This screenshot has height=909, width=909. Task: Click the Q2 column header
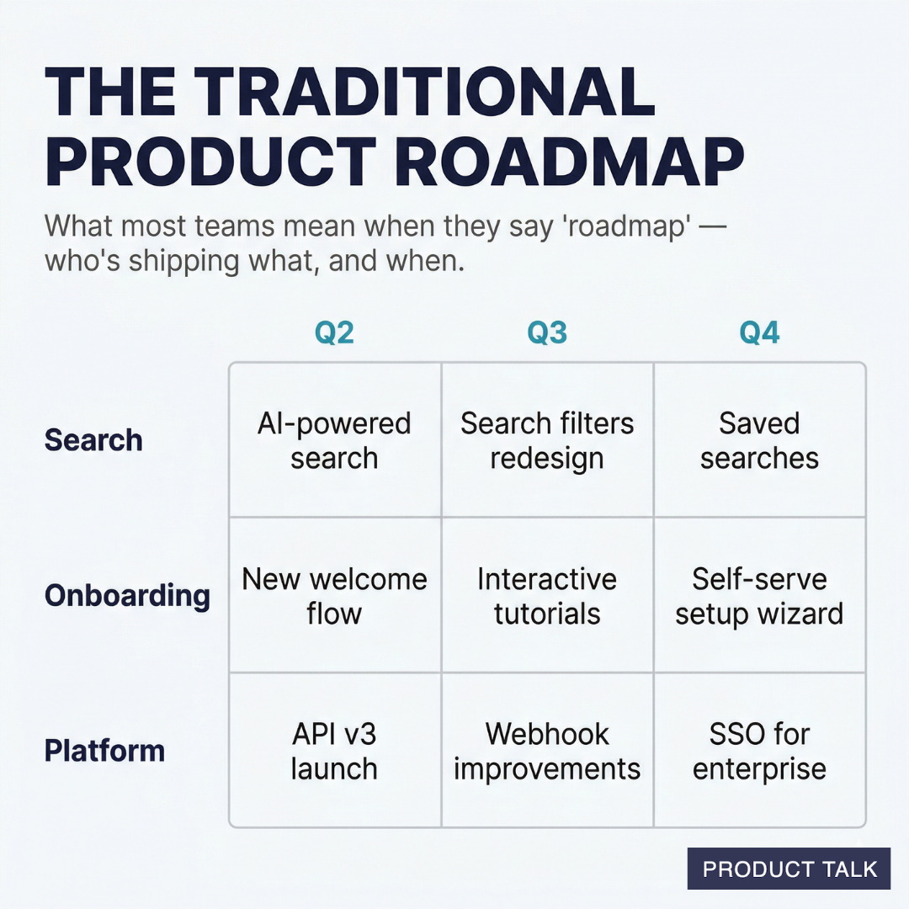click(334, 333)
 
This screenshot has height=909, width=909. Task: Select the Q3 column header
click(547, 333)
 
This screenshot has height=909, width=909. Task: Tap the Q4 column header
click(759, 333)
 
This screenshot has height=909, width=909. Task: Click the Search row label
click(93, 439)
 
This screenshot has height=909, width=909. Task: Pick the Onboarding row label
click(127, 595)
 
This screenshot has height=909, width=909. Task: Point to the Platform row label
click(104, 751)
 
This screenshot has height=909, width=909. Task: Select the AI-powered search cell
click(334, 440)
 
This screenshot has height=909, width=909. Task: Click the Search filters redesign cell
click(547, 440)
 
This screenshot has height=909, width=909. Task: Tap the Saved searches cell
click(759, 440)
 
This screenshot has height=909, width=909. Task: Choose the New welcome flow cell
click(334, 596)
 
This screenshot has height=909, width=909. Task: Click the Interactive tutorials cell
click(547, 596)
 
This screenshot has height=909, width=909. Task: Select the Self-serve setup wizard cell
click(759, 596)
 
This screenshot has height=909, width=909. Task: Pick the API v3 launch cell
click(334, 751)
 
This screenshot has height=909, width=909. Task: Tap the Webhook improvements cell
click(547, 751)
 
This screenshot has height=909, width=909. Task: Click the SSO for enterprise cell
click(759, 751)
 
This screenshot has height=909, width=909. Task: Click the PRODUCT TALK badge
click(789, 869)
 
